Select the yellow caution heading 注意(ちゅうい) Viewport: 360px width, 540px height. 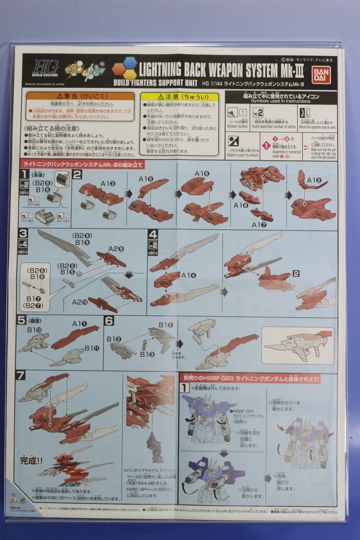[179, 97]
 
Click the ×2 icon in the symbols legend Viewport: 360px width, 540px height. [258, 113]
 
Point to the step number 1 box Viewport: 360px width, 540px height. [24, 174]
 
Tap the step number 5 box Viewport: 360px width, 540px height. [22, 319]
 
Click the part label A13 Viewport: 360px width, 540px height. [108, 183]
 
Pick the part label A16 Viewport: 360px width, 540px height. [202, 173]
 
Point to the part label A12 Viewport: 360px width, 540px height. [314, 180]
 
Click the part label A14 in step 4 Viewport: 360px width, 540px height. [188, 275]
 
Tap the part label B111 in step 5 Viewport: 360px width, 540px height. [92, 348]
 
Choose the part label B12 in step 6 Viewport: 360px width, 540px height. [114, 339]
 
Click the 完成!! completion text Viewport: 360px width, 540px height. [31, 460]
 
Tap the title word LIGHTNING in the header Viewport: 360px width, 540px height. [160, 70]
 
